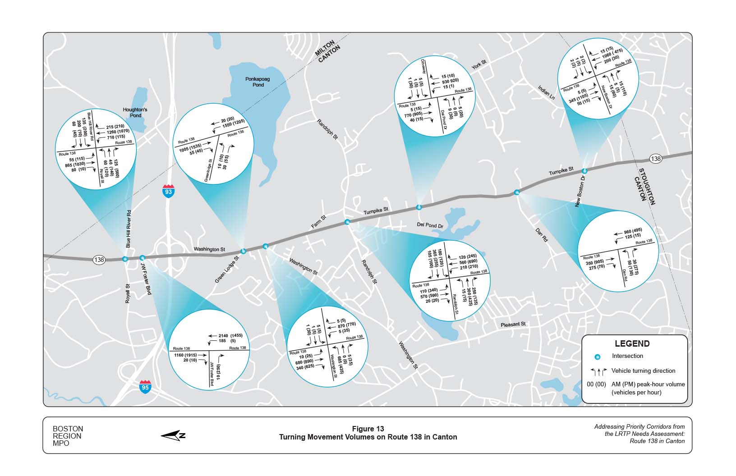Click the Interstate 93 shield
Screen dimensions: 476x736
pyautogui.click(x=168, y=191)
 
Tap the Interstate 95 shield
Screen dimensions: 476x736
pyautogui.click(x=145, y=387)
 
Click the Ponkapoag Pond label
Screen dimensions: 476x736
pyautogui.click(x=258, y=82)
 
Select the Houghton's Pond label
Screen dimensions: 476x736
pyautogui.click(x=135, y=112)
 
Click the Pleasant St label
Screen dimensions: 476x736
pyautogui.click(x=513, y=324)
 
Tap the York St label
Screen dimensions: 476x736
pyautogui.click(x=479, y=64)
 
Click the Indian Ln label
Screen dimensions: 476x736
pyautogui.click(x=546, y=92)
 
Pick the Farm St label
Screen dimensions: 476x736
pyautogui.click(x=318, y=221)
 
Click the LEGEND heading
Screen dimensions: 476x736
pyautogui.click(x=632, y=343)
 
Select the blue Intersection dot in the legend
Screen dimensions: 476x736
pyautogui.click(x=598, y=357)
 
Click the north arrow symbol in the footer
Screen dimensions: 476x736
pyautogui.click(x=173, y=435)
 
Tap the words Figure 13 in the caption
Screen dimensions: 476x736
pyautogui.click(x=368, y=429)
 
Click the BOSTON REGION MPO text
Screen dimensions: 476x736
pyautogui.click(x=68, y=436)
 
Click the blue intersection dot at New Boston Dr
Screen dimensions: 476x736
pyautogui.click(x=584, y=171)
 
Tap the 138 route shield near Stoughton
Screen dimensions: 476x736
pyautogui.click(x=656, y=159)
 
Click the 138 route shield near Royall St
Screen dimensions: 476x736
pyautogui.click(x=99, y=260)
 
